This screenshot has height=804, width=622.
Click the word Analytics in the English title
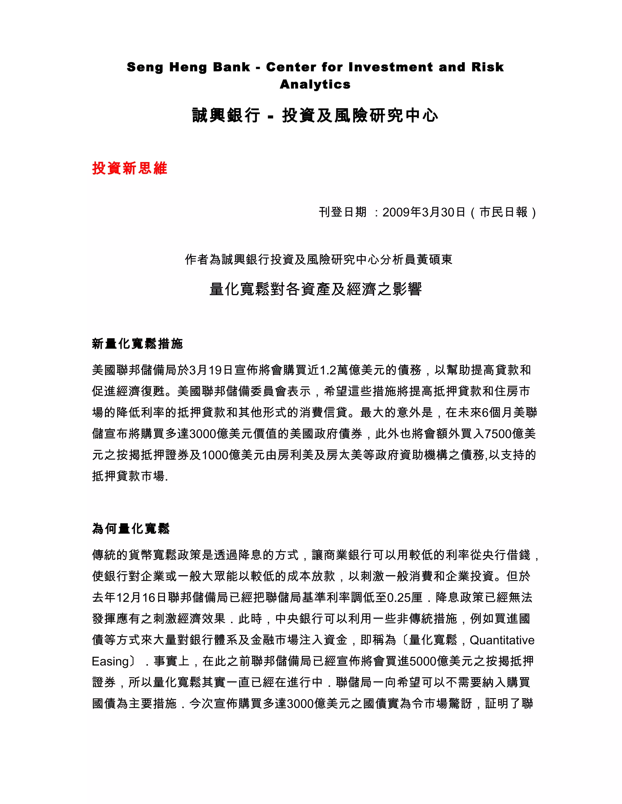[315, 84]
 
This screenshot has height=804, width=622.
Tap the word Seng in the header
[145, 67]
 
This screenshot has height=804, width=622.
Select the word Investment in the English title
[391, 67]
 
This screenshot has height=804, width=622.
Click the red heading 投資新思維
[130, 168]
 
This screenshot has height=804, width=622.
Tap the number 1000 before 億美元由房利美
[215, 455]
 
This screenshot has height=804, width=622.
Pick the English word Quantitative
[502, 640]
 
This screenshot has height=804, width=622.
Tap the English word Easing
[110, 661]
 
